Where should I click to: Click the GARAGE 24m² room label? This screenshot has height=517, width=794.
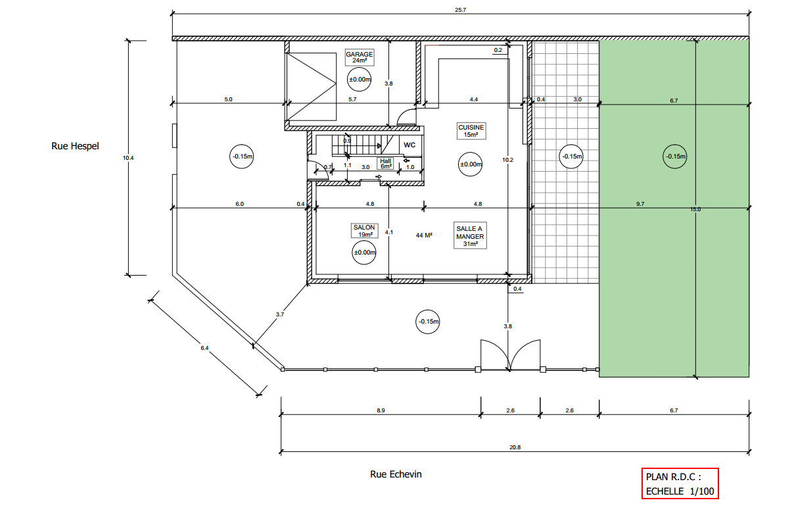pos(360,57)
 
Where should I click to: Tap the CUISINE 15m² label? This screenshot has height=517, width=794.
pos(471,131)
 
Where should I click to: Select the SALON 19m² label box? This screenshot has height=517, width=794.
pos(364,231)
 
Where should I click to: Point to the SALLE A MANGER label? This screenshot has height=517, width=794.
pos(470,236)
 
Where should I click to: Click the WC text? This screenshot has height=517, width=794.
pos(409,145)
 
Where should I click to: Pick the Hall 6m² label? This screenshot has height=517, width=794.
pos(386,164)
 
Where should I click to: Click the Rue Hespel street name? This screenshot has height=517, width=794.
pos(75,146)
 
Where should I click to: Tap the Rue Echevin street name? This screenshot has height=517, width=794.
pos(396,474)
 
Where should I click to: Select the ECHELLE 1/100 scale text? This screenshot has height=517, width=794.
pos(680,491)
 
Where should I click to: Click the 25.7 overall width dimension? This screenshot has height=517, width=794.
pos(461,10)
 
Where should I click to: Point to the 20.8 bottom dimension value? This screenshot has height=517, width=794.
pos(515,447)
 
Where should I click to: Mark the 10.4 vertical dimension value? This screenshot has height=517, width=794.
pos(128,158)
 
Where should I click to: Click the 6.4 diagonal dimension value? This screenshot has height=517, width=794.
pos(204,348)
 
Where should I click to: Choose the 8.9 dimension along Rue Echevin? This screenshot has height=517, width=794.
pos(381,410)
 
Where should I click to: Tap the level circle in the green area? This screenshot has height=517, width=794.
pos(675,157)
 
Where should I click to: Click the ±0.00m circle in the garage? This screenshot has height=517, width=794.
pos(360,79)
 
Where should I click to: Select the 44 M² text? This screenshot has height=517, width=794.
pos(424,235)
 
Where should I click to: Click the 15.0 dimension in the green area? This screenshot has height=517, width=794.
pos(695,209)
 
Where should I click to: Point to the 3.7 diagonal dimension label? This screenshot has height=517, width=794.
pos(279,314)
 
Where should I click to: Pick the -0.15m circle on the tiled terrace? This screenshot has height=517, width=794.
pos(571,157)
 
